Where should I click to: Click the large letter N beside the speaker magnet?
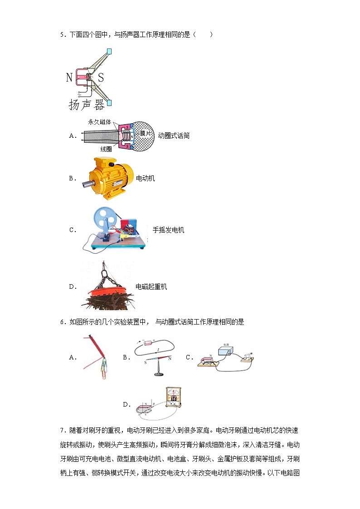[x=69, y=78]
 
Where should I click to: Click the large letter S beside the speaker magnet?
[x=101, y=78]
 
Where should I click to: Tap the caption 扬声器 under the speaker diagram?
[x=87, y=105]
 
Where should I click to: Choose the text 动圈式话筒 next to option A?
[x=174, y=136]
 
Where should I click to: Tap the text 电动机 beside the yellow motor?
[x=146, y=178]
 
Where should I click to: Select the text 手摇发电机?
[x=168, y=230]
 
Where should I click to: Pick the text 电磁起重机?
[x=151, y=286]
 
